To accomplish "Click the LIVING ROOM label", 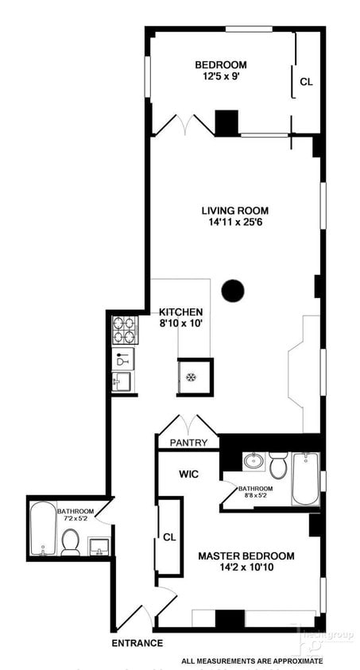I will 234,211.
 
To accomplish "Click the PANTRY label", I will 188,443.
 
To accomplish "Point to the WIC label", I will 188,474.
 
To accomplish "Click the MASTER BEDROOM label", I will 246,556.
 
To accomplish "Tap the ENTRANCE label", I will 137,643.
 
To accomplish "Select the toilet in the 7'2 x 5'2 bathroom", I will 71,542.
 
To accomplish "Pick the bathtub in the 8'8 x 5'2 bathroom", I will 305,478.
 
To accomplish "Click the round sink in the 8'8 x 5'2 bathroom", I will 254,460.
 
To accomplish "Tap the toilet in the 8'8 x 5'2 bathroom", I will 278,463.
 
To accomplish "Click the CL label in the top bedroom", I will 306,81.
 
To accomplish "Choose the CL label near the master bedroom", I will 169,536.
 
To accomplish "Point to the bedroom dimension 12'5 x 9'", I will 221,78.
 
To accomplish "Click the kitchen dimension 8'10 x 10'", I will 181,324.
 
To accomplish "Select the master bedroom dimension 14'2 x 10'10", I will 246,568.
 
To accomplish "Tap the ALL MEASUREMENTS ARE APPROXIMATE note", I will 252,660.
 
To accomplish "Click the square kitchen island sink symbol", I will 192,376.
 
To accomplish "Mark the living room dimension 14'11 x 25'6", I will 234,223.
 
